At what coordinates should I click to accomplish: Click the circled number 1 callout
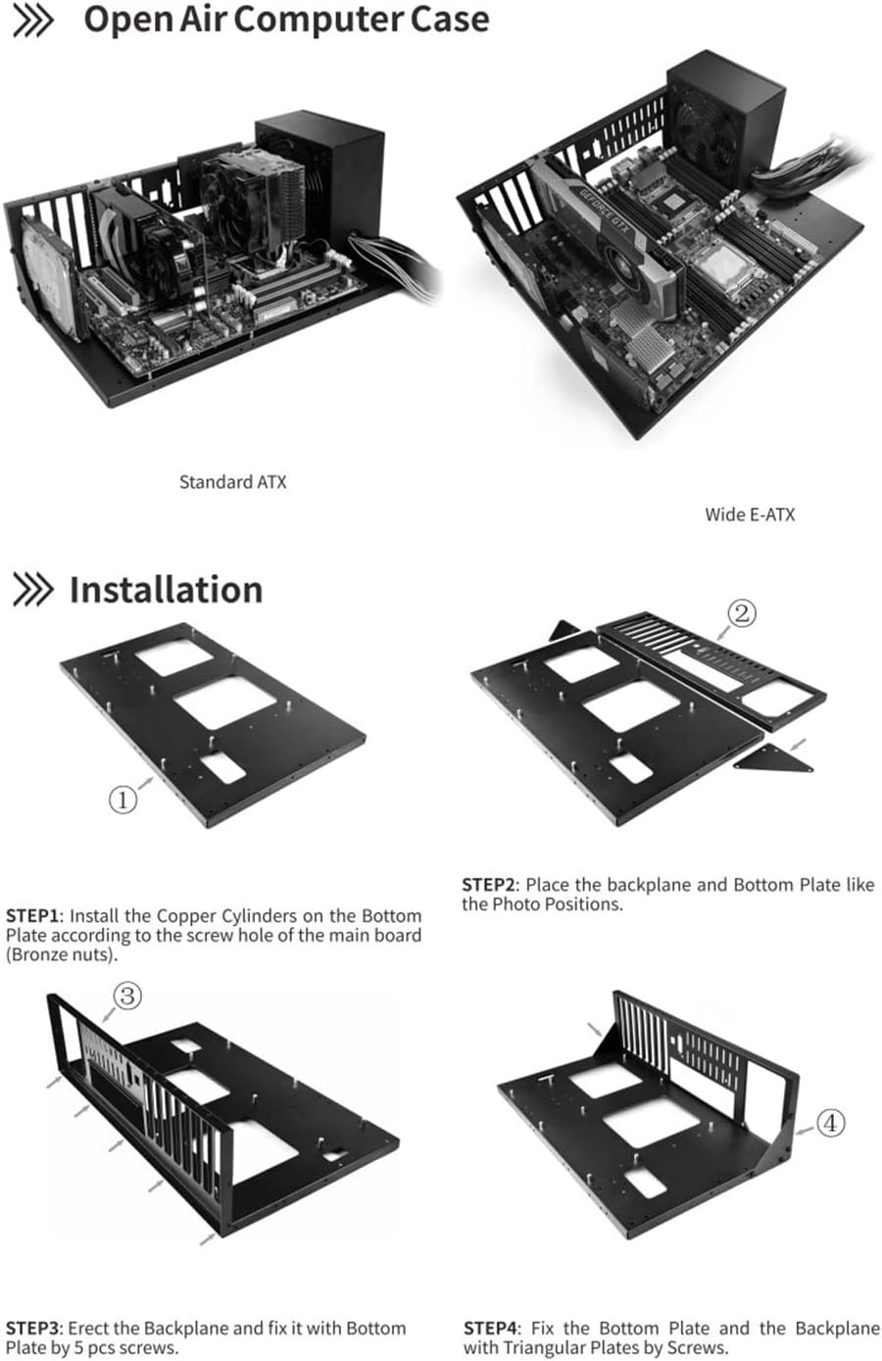click(x=122, y=799)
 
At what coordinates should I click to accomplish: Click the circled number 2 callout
click(x=742, y=613)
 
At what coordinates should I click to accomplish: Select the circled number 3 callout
click(x=127, y=996)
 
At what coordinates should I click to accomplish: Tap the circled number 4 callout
click(x=830, y=1122)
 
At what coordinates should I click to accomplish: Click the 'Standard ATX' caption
click(x=233, y=482)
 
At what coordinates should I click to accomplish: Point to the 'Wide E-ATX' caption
click(x=750, y=514)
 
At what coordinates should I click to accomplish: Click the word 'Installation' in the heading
click(x=166, y=589)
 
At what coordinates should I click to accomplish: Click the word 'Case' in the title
click(x=449, y=19)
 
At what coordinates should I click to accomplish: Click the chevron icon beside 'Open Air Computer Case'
click(x=32, y=21)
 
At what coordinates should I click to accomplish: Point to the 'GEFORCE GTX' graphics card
click(x=608, y=243)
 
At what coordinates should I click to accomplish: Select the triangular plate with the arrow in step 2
click(x=773, y=758)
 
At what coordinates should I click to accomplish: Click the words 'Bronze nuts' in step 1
click(x=62, y=954)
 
